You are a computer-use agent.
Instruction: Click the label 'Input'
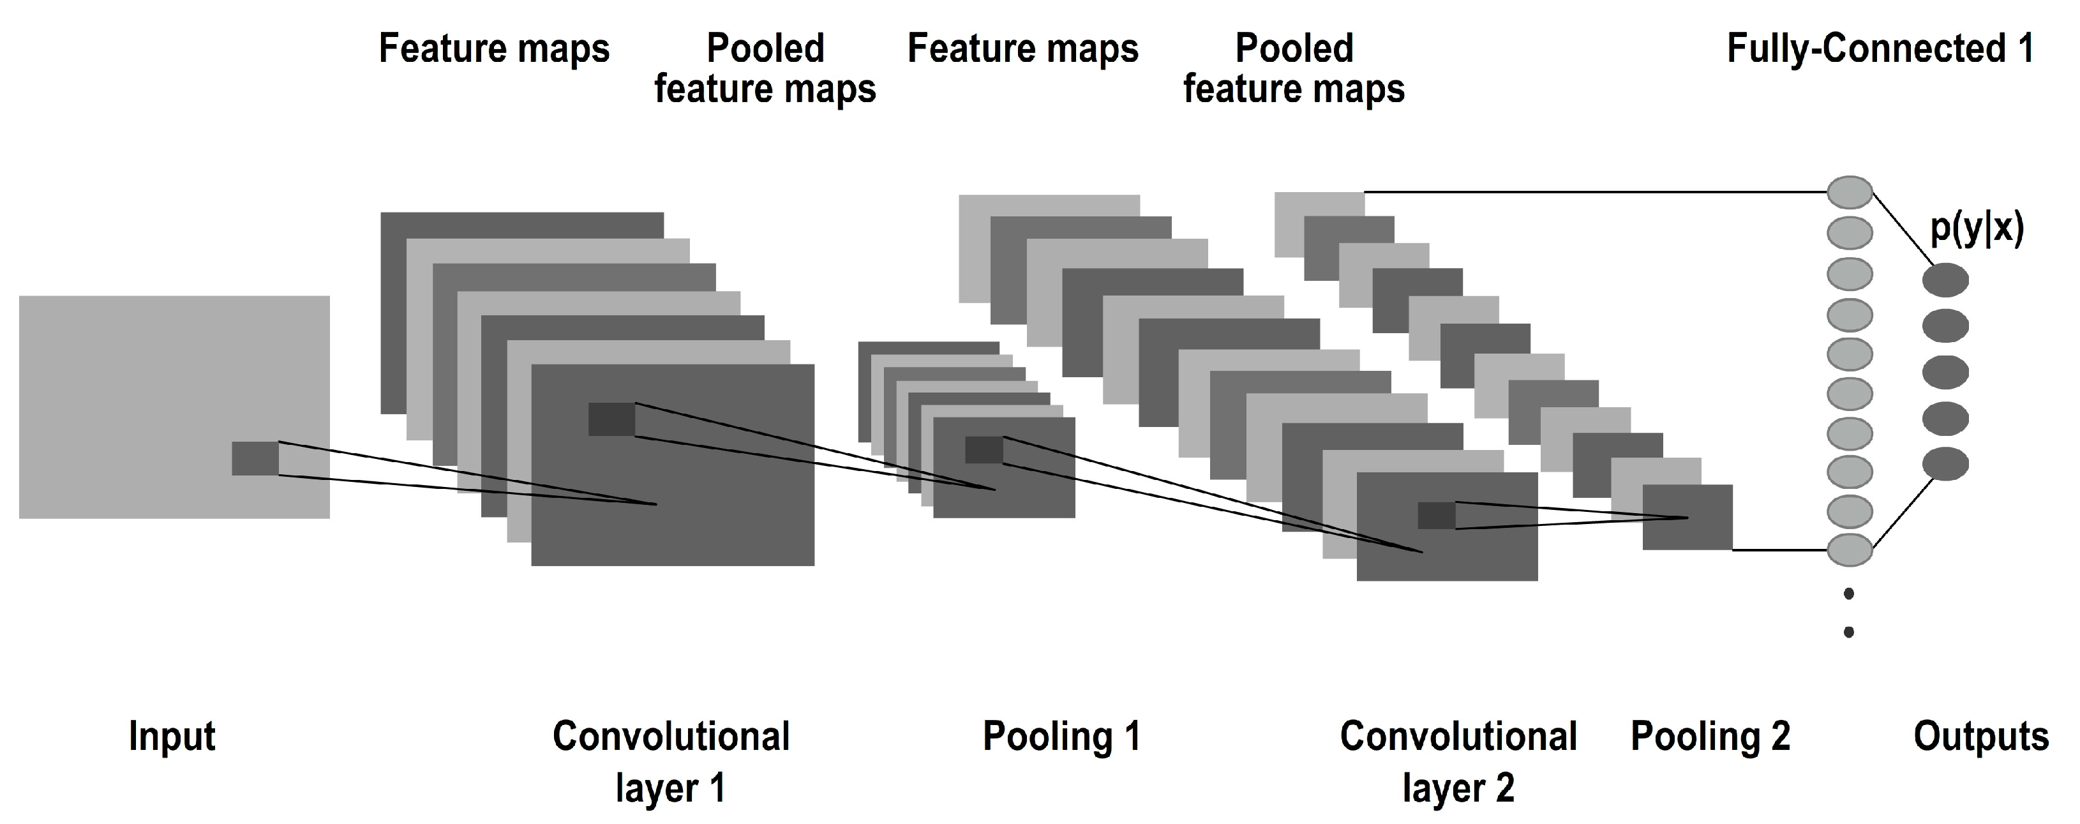(x=172, y=736)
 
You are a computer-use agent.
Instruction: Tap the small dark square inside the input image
(x=255, y=458)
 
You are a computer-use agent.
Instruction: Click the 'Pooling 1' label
(x=1061, y=736)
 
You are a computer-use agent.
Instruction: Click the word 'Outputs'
(x=1980, y=736)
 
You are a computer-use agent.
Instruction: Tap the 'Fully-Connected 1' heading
(x=1880, y=49)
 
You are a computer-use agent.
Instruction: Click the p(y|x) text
(x=1976, y=229)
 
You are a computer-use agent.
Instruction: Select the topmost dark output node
(x=1945, y=280)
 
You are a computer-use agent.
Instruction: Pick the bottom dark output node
(x=1945, y=464)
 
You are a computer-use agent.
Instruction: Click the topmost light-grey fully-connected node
(x=1850, y=192)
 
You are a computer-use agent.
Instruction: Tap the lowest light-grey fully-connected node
(x=1850, y=550)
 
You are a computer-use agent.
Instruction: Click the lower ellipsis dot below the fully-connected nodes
(x=1849, y=632)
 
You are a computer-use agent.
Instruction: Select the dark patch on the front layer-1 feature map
(x=611, y=419)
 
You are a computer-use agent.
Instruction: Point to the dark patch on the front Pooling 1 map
(x=984, y=450)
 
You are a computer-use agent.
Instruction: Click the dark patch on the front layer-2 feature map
(x=1437, y=516)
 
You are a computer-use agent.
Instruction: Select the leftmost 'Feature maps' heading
(x=493, y=49)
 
